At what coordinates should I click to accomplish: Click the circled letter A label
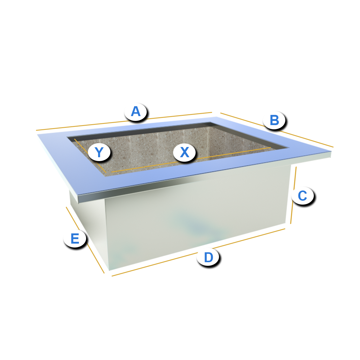tap(135, 112)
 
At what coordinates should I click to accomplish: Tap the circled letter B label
tap(274, 120)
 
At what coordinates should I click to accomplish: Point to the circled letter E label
tap(75, 238)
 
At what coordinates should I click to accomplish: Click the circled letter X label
tap(184, 152)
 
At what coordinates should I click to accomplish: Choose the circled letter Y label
tap(99, 152)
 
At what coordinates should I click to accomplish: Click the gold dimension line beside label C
tap(293, 195)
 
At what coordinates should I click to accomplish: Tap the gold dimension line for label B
tap(277, 130)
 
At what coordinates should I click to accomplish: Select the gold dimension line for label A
tap(124, 121)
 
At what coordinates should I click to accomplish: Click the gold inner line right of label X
tap(233, 153)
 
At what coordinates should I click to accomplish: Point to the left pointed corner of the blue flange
tap(37, 134)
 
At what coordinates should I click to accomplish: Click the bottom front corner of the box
tap(109, 270)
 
